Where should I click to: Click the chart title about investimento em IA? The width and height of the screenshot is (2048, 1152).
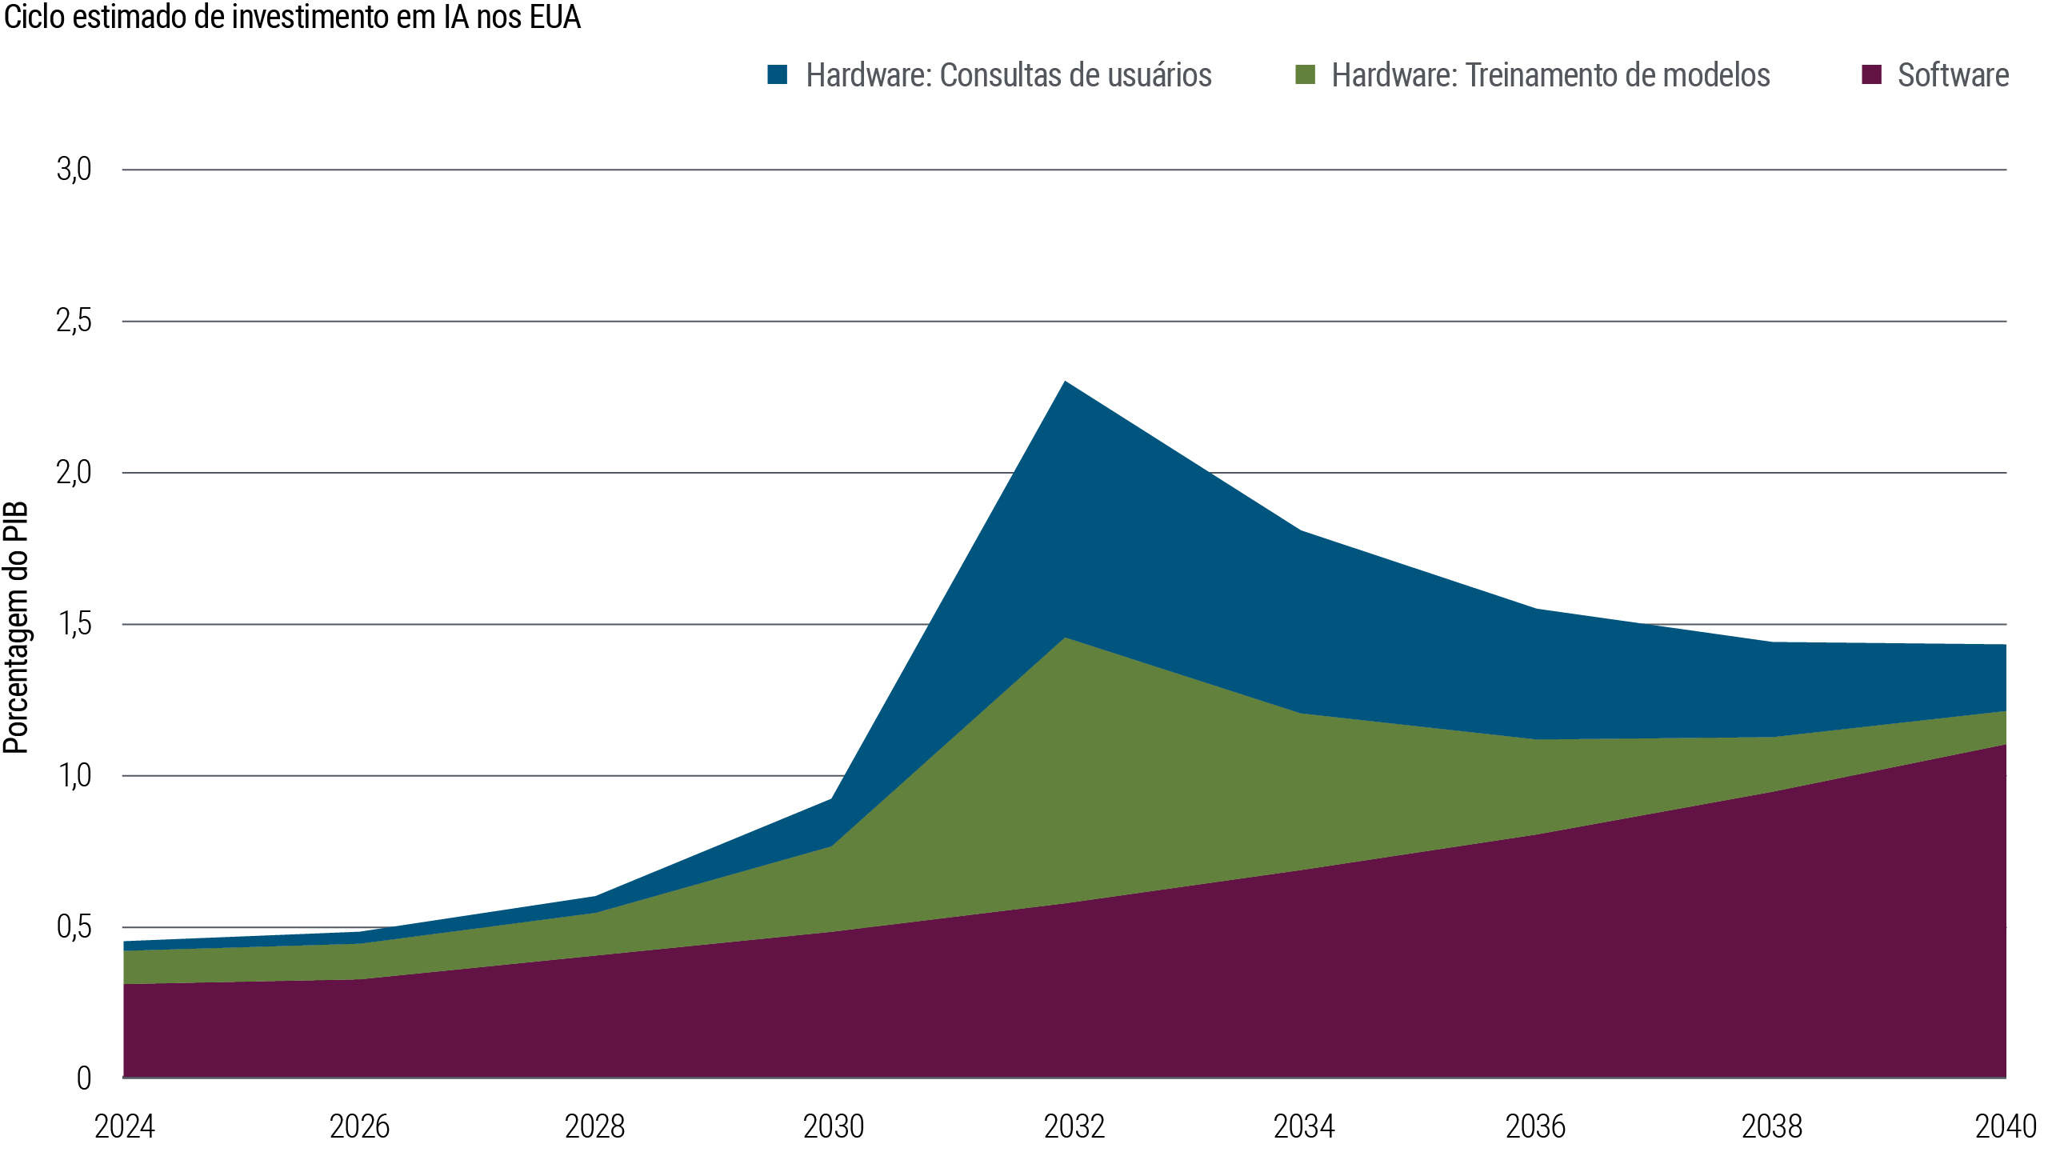click(292, 18)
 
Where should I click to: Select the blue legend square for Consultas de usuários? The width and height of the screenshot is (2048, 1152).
click(777, 75)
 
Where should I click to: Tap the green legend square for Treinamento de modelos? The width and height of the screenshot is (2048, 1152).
click(1305, 75)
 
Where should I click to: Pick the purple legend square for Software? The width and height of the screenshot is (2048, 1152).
click(1871, 75)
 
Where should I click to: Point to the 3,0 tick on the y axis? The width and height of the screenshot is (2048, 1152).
click(74, 170)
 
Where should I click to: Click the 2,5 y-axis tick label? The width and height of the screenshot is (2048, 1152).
click(74, 321)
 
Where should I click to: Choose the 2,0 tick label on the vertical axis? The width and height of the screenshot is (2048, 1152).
click(74, 472)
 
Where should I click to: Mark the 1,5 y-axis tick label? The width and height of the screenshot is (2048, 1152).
click(74, 624)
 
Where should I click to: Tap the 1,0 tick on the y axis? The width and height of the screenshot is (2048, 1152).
click(74, 775)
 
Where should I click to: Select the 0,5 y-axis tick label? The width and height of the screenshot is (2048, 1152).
click(74, 927)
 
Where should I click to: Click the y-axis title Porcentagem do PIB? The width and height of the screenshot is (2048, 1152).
click(16, 628)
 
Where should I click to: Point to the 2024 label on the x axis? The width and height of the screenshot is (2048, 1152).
click(124, 1126)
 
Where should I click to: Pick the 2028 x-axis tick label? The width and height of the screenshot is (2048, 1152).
click(594, 1126)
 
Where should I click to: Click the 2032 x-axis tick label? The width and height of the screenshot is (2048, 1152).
click(1074, 1126)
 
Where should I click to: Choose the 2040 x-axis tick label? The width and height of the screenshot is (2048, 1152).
click(2006, 1126)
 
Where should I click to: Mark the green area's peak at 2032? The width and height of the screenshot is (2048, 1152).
click(1065, 639)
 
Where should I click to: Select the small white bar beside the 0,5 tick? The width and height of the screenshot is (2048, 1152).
click(118, 977)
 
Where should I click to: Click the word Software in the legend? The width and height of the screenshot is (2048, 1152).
click(1953, 75)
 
